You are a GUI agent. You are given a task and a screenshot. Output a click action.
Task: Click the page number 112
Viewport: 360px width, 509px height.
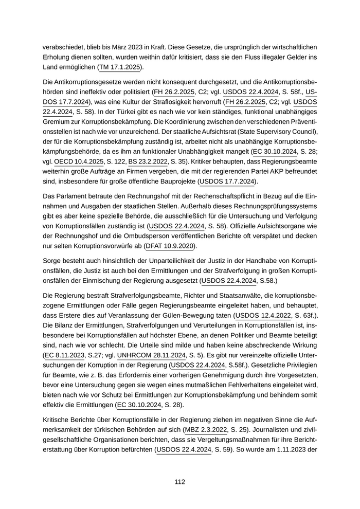[x=179, y=482]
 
